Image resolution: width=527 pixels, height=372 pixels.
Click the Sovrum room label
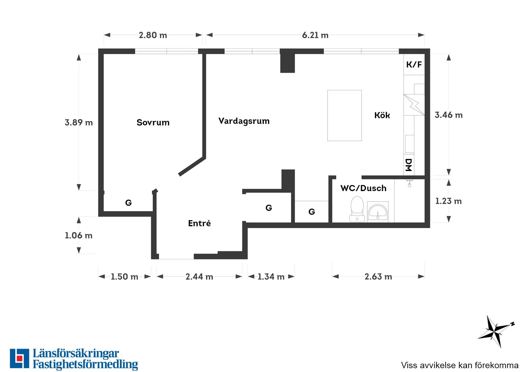pyautogui.click(x=153, y=123)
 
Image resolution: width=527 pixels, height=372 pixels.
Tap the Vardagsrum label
pyautogui.click(x=244, y=121)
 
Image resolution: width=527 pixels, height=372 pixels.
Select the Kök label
pyautogui.click(x=382, y=115)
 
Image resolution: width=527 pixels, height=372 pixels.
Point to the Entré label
pyautogui.click(x=199, y=223)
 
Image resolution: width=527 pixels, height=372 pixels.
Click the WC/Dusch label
pyautogui.click(x=363, y=188)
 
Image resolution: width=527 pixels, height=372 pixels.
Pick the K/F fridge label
pyautogui.click(x=414, y=64)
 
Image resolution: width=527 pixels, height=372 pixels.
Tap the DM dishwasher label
pyautogui.click(x=409, y=165)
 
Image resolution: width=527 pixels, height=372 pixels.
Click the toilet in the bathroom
pyautogui.click(x=357, y=209)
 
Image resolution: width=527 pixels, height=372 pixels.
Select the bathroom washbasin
pyautogui.click(x=378, y=211)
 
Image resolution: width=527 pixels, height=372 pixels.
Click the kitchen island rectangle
pyautogui.click(x=344, y=115)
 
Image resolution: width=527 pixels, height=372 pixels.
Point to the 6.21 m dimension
pyautogui.click(x=315, y=35)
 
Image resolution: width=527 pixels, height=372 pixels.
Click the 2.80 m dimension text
pyautogui.click(x=153, y=35)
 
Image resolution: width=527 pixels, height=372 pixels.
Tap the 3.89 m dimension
pyautogui.click(x=79, y=123)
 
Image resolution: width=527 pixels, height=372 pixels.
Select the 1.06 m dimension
pyautogui.click(x=79, y=235)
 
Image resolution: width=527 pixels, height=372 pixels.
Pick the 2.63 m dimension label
pyautogui.click(x=378, y=277)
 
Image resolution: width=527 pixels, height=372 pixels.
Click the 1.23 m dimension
pyautogui.click(x=448, y=201)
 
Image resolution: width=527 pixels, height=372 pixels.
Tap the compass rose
pyautogui.click(x=496, y=331)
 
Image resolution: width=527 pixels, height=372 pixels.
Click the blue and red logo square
pyautogui.click(x=19, y=358)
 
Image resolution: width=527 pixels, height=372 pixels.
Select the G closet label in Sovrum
pyautogui.click(x=128, y=203)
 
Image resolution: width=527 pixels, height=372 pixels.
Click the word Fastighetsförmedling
pyautogui.click(x=85, y=364)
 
